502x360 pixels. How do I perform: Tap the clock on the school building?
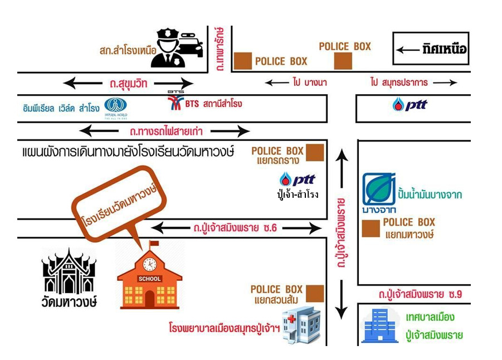click(149, 264)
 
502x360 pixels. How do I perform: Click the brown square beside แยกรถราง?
click(315, 152)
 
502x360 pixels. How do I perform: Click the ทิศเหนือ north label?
click(444, 49)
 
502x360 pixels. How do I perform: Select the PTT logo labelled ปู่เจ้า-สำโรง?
click(298, 179)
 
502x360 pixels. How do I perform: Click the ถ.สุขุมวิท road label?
click(128, 84)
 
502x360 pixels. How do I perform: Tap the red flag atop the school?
click(154, 244)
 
